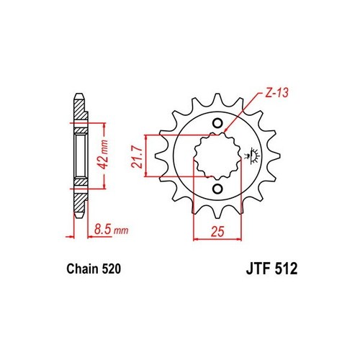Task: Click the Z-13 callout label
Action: [276, 92]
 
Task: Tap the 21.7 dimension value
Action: [137, 158]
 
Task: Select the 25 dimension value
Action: [217, 231]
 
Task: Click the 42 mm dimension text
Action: [104, 154]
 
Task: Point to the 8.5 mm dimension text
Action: [111, 230]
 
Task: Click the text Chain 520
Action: [94, 269]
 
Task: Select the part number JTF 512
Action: [271, 269]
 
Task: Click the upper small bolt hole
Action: [217, 123]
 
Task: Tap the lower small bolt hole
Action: [217, 189]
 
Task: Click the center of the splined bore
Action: [217, 156]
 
